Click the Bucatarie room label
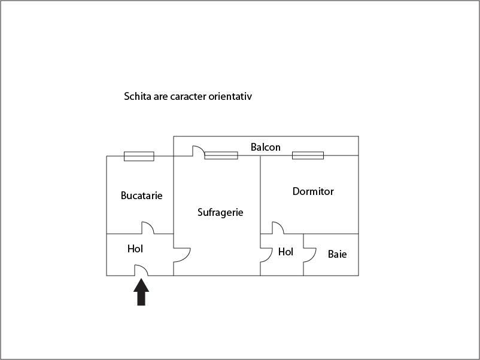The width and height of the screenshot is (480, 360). (141, 196)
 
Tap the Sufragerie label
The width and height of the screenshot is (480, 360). (220, 212)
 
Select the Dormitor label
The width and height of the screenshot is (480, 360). (313, 191)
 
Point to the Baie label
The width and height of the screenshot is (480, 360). (338, 254)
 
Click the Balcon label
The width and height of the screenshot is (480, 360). (265, 147)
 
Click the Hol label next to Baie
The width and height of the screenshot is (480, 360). (285, 252)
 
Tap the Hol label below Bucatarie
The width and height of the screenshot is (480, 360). (135, 249)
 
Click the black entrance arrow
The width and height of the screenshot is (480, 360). (141, 292)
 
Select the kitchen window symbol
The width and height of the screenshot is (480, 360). (139, 156)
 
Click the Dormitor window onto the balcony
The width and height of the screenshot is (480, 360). (308, 155)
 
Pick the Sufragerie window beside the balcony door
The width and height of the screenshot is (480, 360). (221, 155)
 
